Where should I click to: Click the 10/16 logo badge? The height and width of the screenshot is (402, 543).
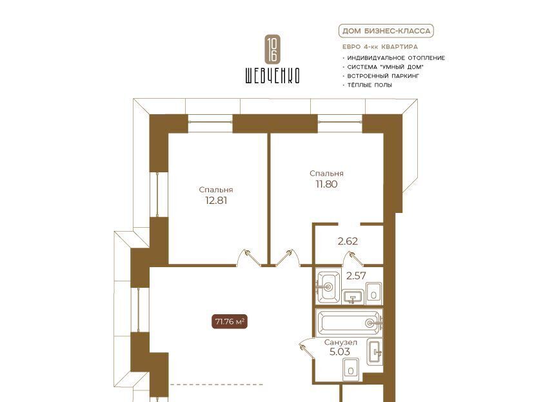[x=272, y=49]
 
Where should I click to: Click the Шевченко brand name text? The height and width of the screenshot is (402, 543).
[x=272, y=75]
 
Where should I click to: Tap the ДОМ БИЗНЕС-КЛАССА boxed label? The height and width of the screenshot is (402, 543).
[x=386, y=31]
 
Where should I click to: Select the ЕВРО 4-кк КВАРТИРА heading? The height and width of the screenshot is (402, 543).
[x=380, y=47]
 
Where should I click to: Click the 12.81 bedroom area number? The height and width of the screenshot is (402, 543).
[x=216, y=200]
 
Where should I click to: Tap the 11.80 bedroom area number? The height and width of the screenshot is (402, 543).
[x=326, y=184]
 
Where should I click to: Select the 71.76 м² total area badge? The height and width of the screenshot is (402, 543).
[x=229, y=321]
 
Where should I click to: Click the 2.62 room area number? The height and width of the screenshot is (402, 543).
[x=348, y=241]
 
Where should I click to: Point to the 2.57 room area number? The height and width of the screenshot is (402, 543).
[x=356, y=276]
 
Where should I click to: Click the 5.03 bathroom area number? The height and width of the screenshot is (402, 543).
[x=340, y=352]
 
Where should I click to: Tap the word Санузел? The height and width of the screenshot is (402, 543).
[x=341, y=343]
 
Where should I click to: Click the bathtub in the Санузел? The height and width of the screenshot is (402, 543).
[x=350, y=323]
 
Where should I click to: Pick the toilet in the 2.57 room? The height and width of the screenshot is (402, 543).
[x=373, y=294]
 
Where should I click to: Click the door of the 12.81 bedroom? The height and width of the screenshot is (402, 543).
[x=248, y=258]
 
